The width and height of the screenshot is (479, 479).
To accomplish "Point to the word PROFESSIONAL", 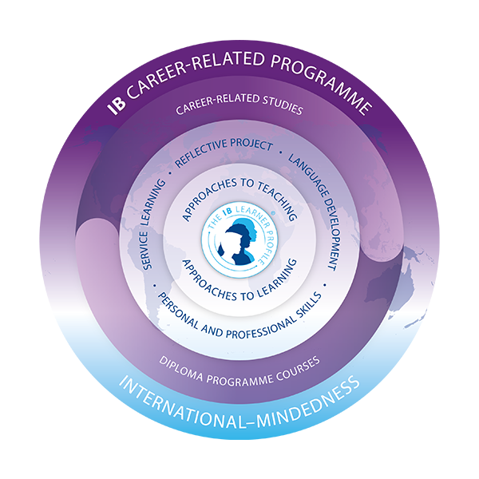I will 239,325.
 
